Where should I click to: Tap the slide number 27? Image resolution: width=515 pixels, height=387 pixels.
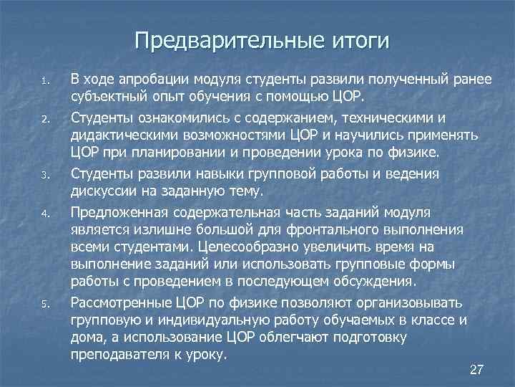476,370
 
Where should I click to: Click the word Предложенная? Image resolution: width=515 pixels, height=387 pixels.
119,213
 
